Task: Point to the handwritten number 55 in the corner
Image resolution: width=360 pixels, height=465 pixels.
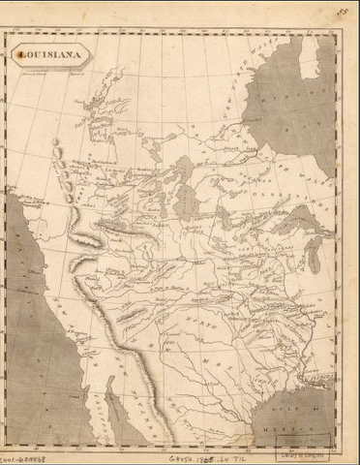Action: [343, 12]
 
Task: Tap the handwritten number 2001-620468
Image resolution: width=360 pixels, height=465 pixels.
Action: [21, 451]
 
